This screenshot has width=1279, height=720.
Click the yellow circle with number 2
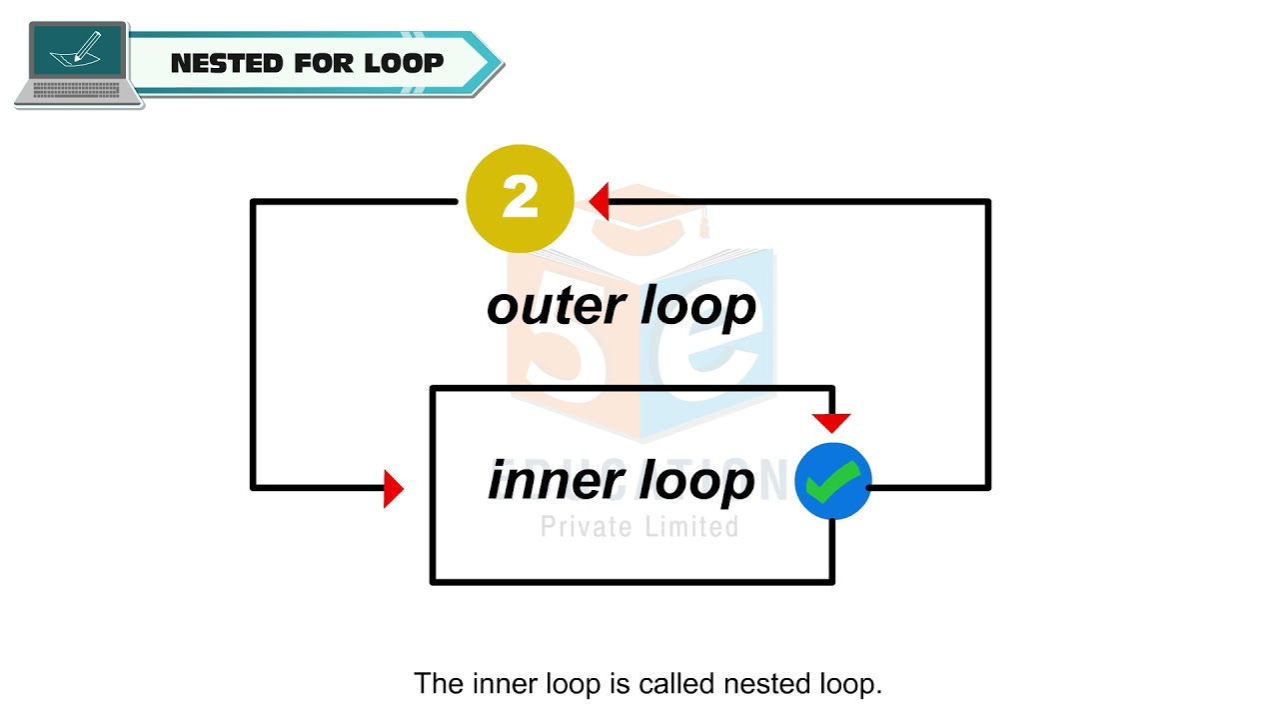[520, 198]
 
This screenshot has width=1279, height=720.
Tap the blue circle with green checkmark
[832, 481]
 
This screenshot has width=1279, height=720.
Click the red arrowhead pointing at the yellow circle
[600, 202]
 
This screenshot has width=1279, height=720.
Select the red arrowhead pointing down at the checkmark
[831, 421]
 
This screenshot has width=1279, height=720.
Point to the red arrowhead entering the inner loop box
[393, 489]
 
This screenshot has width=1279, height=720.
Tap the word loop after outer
[697, 307]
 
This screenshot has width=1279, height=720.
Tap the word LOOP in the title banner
[404, 64]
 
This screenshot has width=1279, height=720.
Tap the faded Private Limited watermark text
[639, 526]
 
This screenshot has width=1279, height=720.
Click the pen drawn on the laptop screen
[86, 46]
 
